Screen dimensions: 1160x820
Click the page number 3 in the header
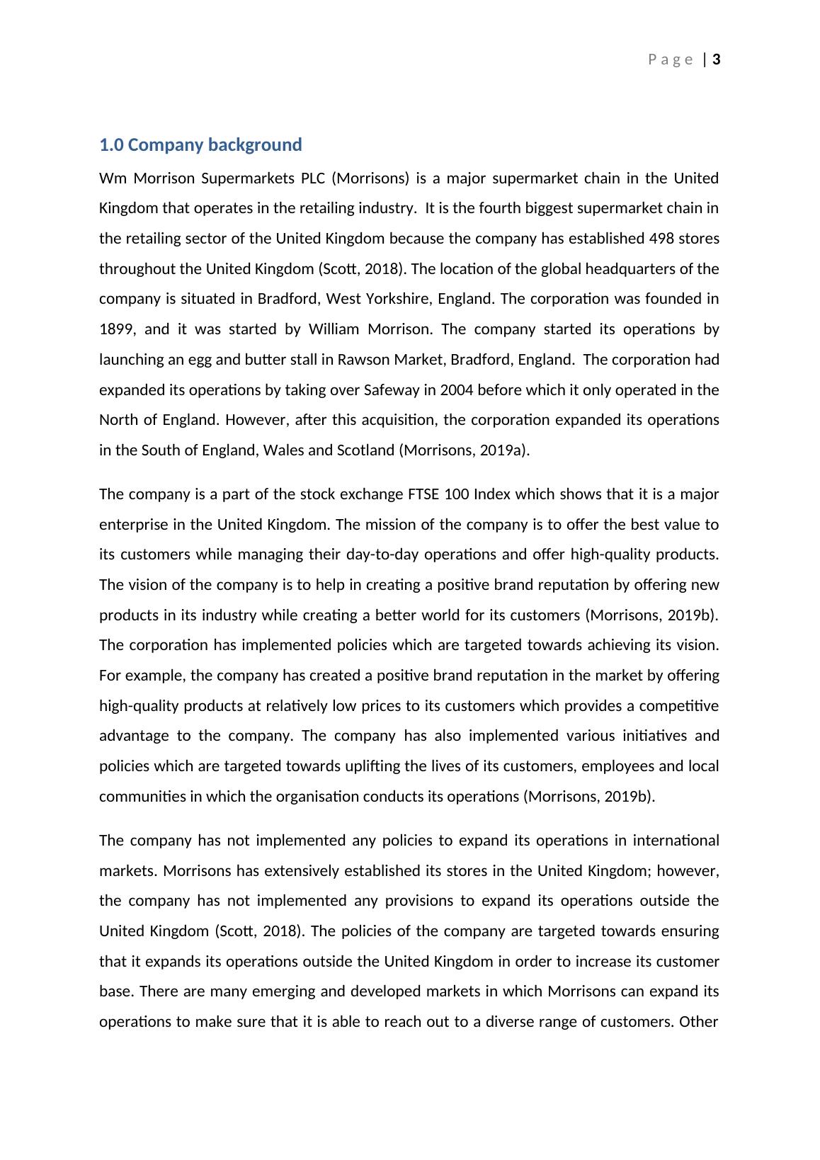tap(717, 59)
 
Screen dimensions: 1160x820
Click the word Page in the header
tap(670, 59)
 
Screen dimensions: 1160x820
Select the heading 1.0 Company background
tap(200, 145)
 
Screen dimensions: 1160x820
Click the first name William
tap(335, 329)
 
